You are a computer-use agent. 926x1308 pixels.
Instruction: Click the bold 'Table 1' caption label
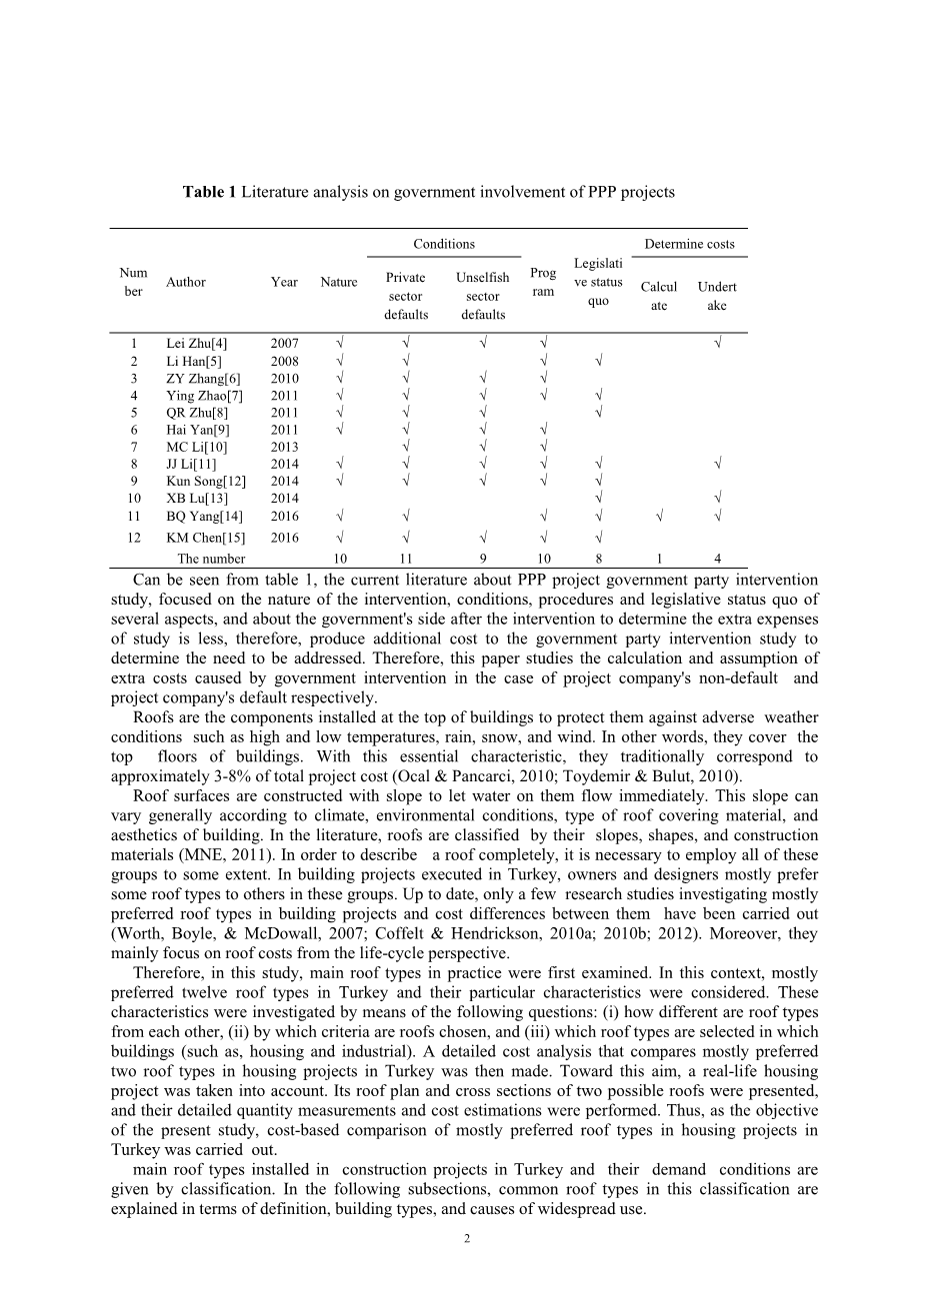click(209, 192)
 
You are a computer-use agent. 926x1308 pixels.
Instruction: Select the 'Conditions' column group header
click(444, 244)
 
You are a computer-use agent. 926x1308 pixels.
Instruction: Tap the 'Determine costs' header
click(689, 244)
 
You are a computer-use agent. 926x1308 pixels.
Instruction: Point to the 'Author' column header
click(186, 282)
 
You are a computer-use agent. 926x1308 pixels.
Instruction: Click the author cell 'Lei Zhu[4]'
click(196, 344)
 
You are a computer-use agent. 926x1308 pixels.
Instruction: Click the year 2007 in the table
click(284, 344)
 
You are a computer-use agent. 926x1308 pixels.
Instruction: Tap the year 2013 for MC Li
click(284, 447)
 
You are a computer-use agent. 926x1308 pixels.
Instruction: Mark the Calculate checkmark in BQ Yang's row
click(659, 517)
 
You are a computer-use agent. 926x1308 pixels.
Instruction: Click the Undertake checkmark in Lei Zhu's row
click(718, 344)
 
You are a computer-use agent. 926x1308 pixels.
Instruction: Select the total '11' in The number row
click(406, 560)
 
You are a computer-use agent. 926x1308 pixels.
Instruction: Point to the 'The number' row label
click(211, 560)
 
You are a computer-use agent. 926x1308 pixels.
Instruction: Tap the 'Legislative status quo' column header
click(598, 282)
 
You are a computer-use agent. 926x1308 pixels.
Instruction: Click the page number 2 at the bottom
click(466, 1239)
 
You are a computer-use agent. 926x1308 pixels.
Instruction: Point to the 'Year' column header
click(284, 282)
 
